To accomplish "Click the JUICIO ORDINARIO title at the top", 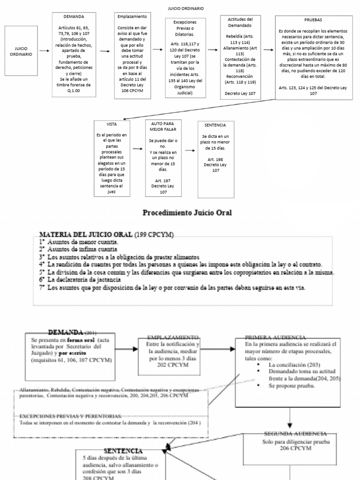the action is tap(186, 8).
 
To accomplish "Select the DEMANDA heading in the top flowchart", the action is tap(74, 16).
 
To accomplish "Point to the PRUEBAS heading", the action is tap(313, 21).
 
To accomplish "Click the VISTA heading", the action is tap(112, 125).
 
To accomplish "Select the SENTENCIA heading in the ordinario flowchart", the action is tap(215, 125).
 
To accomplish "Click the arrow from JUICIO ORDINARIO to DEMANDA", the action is tap(45, 52).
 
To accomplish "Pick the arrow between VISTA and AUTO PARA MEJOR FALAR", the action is tap(137, 149).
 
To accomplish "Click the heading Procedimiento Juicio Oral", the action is tap(187, 213).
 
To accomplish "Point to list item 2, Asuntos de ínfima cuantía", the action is tap(81, 249).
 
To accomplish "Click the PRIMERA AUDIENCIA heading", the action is tap(276, 337).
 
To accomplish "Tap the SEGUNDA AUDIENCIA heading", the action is tap(295, 434).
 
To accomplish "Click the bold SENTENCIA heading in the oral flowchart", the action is tap(123, 450).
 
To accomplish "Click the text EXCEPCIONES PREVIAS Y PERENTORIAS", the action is tap(71, 416).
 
